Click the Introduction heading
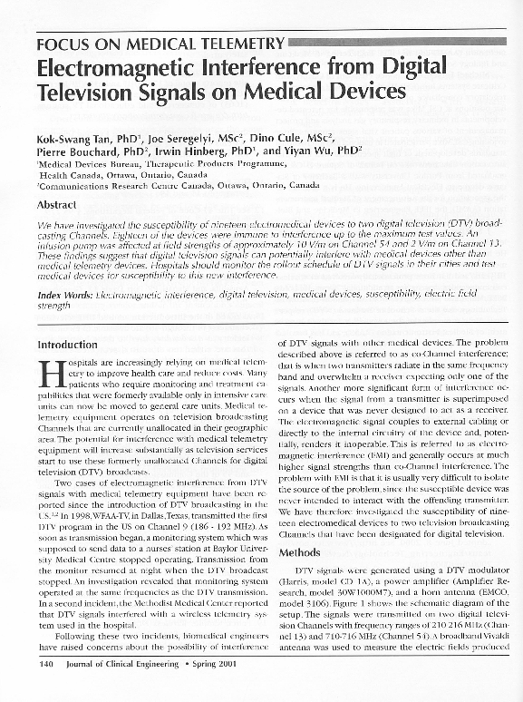point(67,345)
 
